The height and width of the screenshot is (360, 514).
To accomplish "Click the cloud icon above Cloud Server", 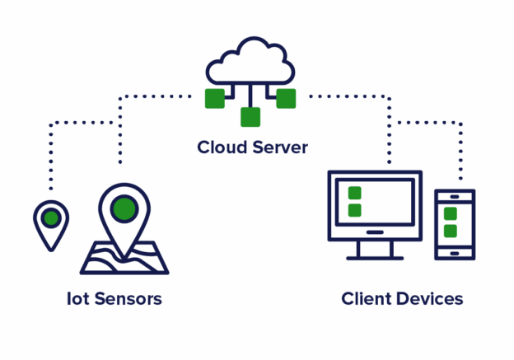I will [x=250, y=62].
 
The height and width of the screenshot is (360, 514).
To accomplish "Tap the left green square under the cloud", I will [x=215, y=98].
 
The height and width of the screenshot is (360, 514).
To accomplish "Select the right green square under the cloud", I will [x=286, y=98].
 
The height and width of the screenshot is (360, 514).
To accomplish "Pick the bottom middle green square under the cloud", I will [x=250, y=117].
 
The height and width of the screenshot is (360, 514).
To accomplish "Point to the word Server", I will [x=280, y=147].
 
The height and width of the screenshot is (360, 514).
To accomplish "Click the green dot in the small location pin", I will [x=51, y=218].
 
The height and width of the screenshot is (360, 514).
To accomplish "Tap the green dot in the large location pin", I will [x=124, y=208].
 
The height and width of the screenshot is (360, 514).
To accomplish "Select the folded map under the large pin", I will [x=124, y=259].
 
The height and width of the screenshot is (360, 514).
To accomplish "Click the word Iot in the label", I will [x=77, y=298].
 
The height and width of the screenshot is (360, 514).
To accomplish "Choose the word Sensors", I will [x=127, y=298].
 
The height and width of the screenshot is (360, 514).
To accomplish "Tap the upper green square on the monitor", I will [x=354, y=193].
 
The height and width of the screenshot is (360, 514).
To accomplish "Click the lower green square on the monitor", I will [x=354, y=210].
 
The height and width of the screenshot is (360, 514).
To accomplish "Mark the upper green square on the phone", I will [x=450, y=213].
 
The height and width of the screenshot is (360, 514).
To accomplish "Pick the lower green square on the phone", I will [x=450, y=231].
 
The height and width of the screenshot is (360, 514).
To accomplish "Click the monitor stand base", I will [x=375, y=257].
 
